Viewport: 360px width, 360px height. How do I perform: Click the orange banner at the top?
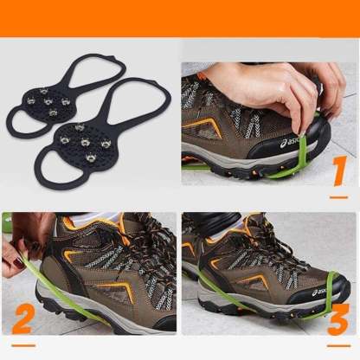[x=180, y=17]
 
